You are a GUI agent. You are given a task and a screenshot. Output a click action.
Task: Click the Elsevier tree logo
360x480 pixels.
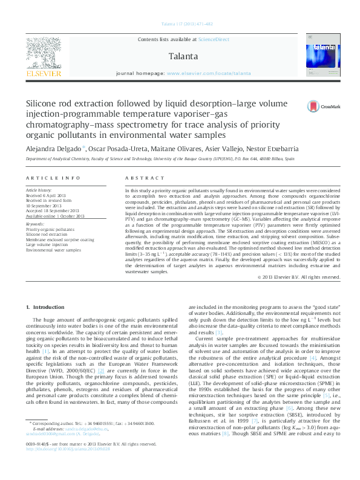(x=43, y=56)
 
